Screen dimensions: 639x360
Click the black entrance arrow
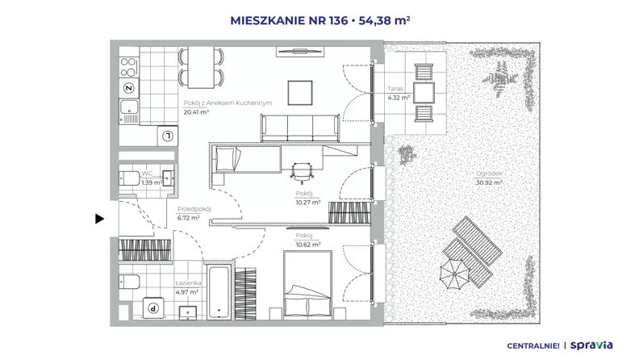coord(99,219)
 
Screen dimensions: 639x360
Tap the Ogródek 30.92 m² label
coord(489,178)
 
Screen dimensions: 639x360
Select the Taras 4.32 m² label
coord(399,93)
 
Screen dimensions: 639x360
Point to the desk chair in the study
coord(302,173)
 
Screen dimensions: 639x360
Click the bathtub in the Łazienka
coord(219,292)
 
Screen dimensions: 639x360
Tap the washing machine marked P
coord(153,308)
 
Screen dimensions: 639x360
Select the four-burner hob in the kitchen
coord(128,67)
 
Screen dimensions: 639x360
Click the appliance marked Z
coord(129,88)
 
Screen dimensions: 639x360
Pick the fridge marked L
coord(168,136)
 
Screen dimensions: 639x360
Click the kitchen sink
coord(129,111)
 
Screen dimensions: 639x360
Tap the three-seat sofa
coord(300,128)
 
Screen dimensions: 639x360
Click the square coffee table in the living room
coord(300,93)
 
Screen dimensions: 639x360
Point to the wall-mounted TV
coord(300,51)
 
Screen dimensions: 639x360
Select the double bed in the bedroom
coord(307,284)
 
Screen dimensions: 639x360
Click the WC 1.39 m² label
coord(151,178)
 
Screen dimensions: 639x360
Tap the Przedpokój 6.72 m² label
coord(194,213)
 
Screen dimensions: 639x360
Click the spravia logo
coord(591,345)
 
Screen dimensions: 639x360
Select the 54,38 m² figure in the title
coord(384,20)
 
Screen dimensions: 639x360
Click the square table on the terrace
coord(424,93)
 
